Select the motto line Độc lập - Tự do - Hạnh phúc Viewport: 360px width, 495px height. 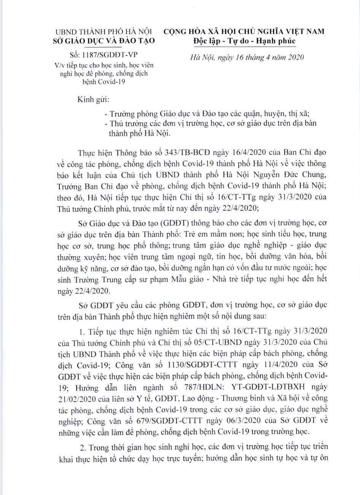pos(244,41)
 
